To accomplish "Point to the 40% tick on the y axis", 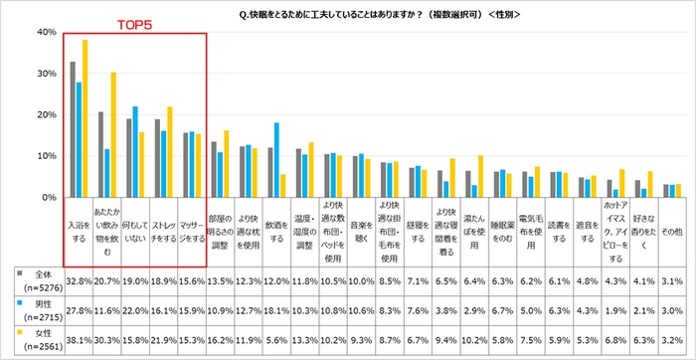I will coord(43,32).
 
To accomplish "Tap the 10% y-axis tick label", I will coord(43,156).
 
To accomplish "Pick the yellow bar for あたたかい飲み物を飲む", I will coord(113,134).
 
